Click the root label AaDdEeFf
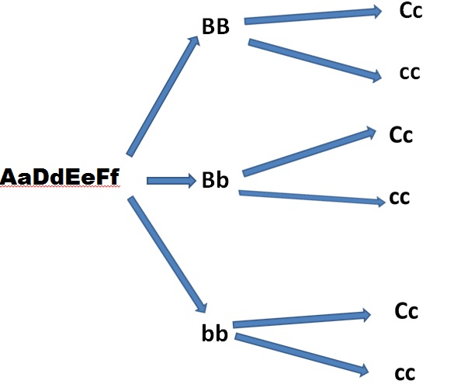click(x=60, y=177)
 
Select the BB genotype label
click(x=216, y=26)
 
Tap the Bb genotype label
click(x=215, y=180)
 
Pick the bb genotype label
click(x=215, y=333)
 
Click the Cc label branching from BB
click(x=411, y=11)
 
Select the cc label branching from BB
click(x=410, y=73)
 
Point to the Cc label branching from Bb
click(x=401, y=135)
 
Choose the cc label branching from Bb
click(x=400, y=198)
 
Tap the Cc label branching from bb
click(x=406, y=311)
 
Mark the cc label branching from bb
click(x=405, y=374)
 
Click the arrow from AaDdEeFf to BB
click(x=163, y=96)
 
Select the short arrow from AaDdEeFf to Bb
click(x=172, y=181)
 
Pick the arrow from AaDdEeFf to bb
click(x=168, y=254)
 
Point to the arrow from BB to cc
click(x=315, y=61)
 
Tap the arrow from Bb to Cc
click(x=309, y=151)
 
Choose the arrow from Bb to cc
click(x=312, y=198)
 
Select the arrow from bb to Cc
click(x=301, y=319)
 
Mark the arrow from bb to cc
click(x=301, y=355)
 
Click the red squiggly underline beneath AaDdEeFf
click(x=60, y=187)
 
